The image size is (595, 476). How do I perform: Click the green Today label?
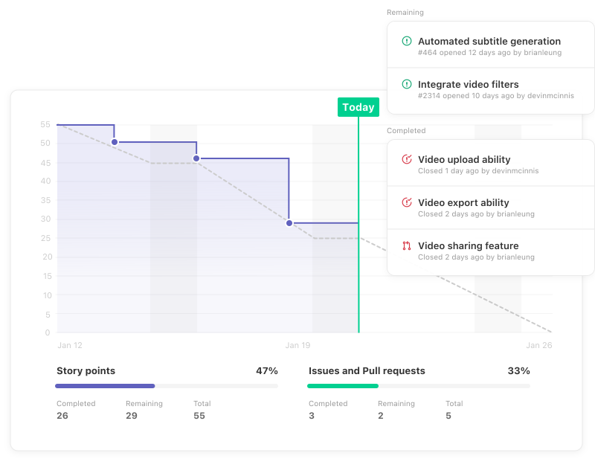pos(358,107)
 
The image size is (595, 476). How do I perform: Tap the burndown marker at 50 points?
pos(115,142)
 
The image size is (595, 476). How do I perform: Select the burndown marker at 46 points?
pos(196,158)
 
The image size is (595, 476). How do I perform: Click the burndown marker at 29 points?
pos(289,223)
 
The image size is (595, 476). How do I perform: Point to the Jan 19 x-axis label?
pos(297,345)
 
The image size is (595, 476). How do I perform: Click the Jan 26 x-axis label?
pos(538,345)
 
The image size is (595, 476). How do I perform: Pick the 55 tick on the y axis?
pos(45,124)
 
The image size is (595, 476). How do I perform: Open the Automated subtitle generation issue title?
pos(489,42)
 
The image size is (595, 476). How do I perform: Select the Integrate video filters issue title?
pos(469,85)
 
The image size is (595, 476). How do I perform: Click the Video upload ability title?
pos(464,160)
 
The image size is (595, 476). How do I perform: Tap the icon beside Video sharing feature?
pos(407,246)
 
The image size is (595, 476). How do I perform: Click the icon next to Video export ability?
pos(407,203)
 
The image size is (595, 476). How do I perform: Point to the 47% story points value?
pos(267,370)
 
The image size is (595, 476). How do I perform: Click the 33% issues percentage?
pos(519,370)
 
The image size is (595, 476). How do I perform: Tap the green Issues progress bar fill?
pos(343,386)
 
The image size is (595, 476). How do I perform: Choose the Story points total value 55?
pos(199,416)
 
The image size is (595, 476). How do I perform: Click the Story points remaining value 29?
pos(132,416)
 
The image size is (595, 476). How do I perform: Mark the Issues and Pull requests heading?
pos(367,370)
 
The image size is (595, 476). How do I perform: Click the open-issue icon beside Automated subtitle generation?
pos(407,42)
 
